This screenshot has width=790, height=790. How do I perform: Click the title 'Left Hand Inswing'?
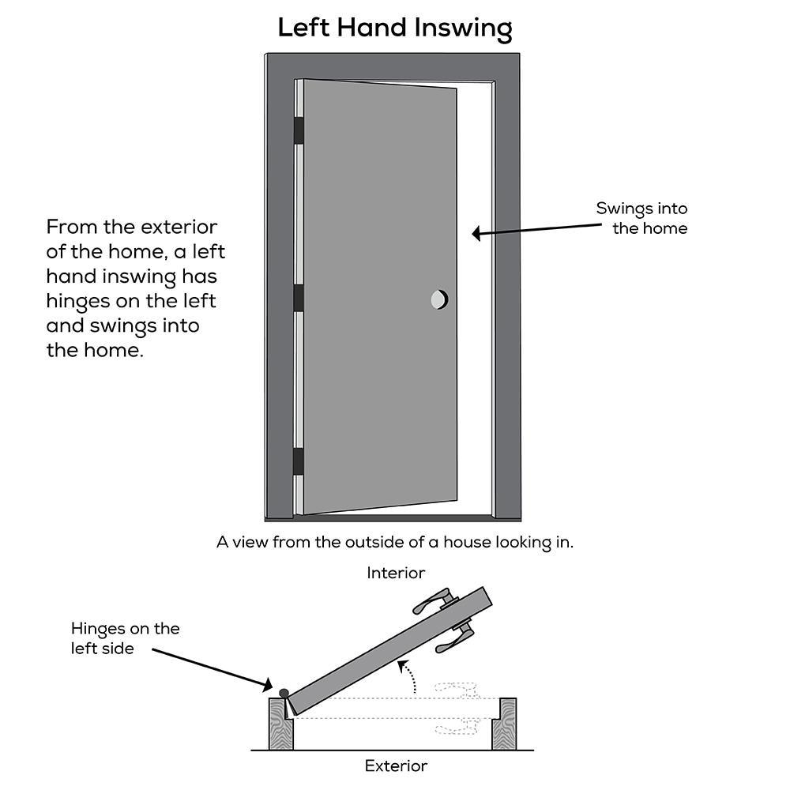point(395,28)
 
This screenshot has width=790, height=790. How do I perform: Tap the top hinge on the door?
point(299,130)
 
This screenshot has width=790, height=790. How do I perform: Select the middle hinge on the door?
point(299,298)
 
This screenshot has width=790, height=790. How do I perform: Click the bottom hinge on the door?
point(299,461)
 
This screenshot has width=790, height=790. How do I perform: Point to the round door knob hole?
point(439,299)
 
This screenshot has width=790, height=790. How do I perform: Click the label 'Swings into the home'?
point(641,219)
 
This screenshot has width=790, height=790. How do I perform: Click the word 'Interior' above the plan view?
point(396,573)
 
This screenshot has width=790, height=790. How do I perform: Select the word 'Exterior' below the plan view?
point(396,766)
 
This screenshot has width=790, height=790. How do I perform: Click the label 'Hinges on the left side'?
point(125,638)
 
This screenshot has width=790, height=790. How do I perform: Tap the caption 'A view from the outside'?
point(395,543)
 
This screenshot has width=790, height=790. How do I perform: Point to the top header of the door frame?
point(393,66)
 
